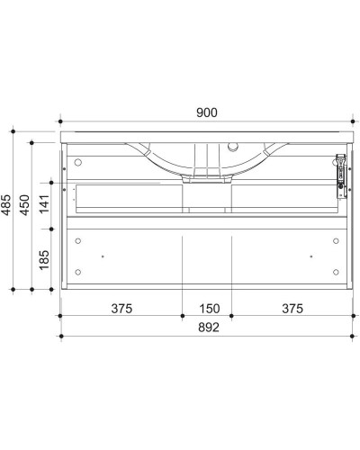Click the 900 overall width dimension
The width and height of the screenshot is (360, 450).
coord(206,112)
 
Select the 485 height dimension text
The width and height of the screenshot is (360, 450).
coord(9,208)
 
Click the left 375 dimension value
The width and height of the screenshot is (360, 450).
coord(122,309)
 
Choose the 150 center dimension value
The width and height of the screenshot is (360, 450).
coord(207,309)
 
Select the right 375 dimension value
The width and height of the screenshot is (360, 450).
coord(292,309)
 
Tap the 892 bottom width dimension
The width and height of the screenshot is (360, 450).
coord(206,328)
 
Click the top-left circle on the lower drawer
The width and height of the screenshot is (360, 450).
coord(78,241)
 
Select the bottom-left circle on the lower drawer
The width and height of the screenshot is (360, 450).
coord(78,272)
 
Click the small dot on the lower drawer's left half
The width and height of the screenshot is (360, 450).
coord(103,256)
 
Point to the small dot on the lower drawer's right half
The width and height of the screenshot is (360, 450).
coord(310,256)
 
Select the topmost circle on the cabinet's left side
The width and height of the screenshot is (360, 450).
coord(78,164)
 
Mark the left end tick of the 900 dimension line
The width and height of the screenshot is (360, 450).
coord(59,121)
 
